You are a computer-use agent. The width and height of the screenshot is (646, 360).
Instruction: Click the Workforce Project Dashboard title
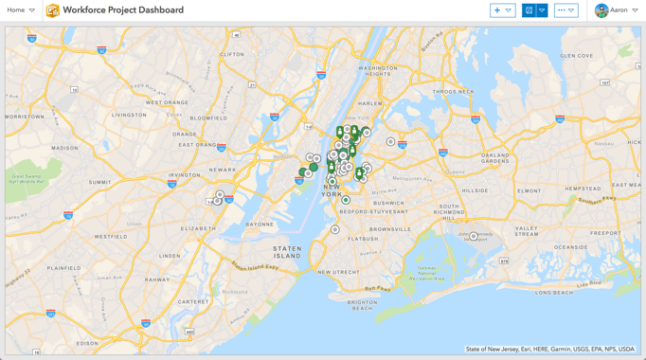[123, 10]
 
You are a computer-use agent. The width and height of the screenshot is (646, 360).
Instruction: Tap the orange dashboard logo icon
[53, 10]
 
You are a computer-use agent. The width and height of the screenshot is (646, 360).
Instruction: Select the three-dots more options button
[565, 10]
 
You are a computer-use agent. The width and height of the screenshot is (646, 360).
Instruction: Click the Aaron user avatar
[601, 10]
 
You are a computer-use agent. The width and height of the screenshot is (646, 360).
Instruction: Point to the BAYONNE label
[260, 225]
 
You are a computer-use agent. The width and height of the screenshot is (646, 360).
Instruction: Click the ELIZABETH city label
[199, 228]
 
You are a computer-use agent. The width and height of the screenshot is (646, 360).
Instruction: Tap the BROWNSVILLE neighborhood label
[390, 229]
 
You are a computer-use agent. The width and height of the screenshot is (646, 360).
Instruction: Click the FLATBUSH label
[363, 240]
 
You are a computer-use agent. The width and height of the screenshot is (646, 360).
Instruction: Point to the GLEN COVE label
[577, 56]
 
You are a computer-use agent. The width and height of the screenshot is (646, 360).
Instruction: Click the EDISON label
[87, 343]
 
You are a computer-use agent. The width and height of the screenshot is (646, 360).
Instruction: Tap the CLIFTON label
[232, 55]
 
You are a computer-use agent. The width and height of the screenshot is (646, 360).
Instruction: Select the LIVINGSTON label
[129, 115]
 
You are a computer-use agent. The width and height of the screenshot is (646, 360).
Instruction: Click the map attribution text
[549, 350]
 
